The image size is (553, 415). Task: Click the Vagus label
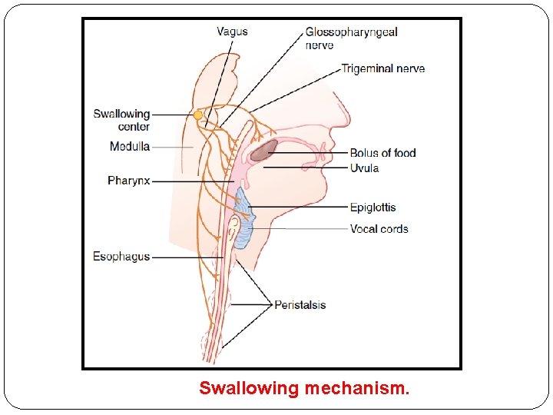(x=232, y=32)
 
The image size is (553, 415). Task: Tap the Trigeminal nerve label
(x=382, y=68)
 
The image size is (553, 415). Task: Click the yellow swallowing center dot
(x=198, y=115)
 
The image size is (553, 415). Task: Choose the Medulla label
(x=129, y=146)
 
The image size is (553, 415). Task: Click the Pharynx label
(x=128, y=181)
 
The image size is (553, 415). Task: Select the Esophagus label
(x=121, y=256)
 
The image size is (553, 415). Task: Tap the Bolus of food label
(x=382, y=152)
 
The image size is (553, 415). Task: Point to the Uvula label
(x=364, y=168)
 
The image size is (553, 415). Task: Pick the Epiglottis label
(x=373, y=207)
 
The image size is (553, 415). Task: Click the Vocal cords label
(x=379, y=228)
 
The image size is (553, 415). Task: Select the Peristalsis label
(x=300, y=305)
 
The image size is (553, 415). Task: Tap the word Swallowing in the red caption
(x=248, y=389)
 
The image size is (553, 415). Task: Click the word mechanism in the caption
(x=357, y=389)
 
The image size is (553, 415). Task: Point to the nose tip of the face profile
(x=335, y=144)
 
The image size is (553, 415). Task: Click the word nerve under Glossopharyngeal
(x=320, y=45)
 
